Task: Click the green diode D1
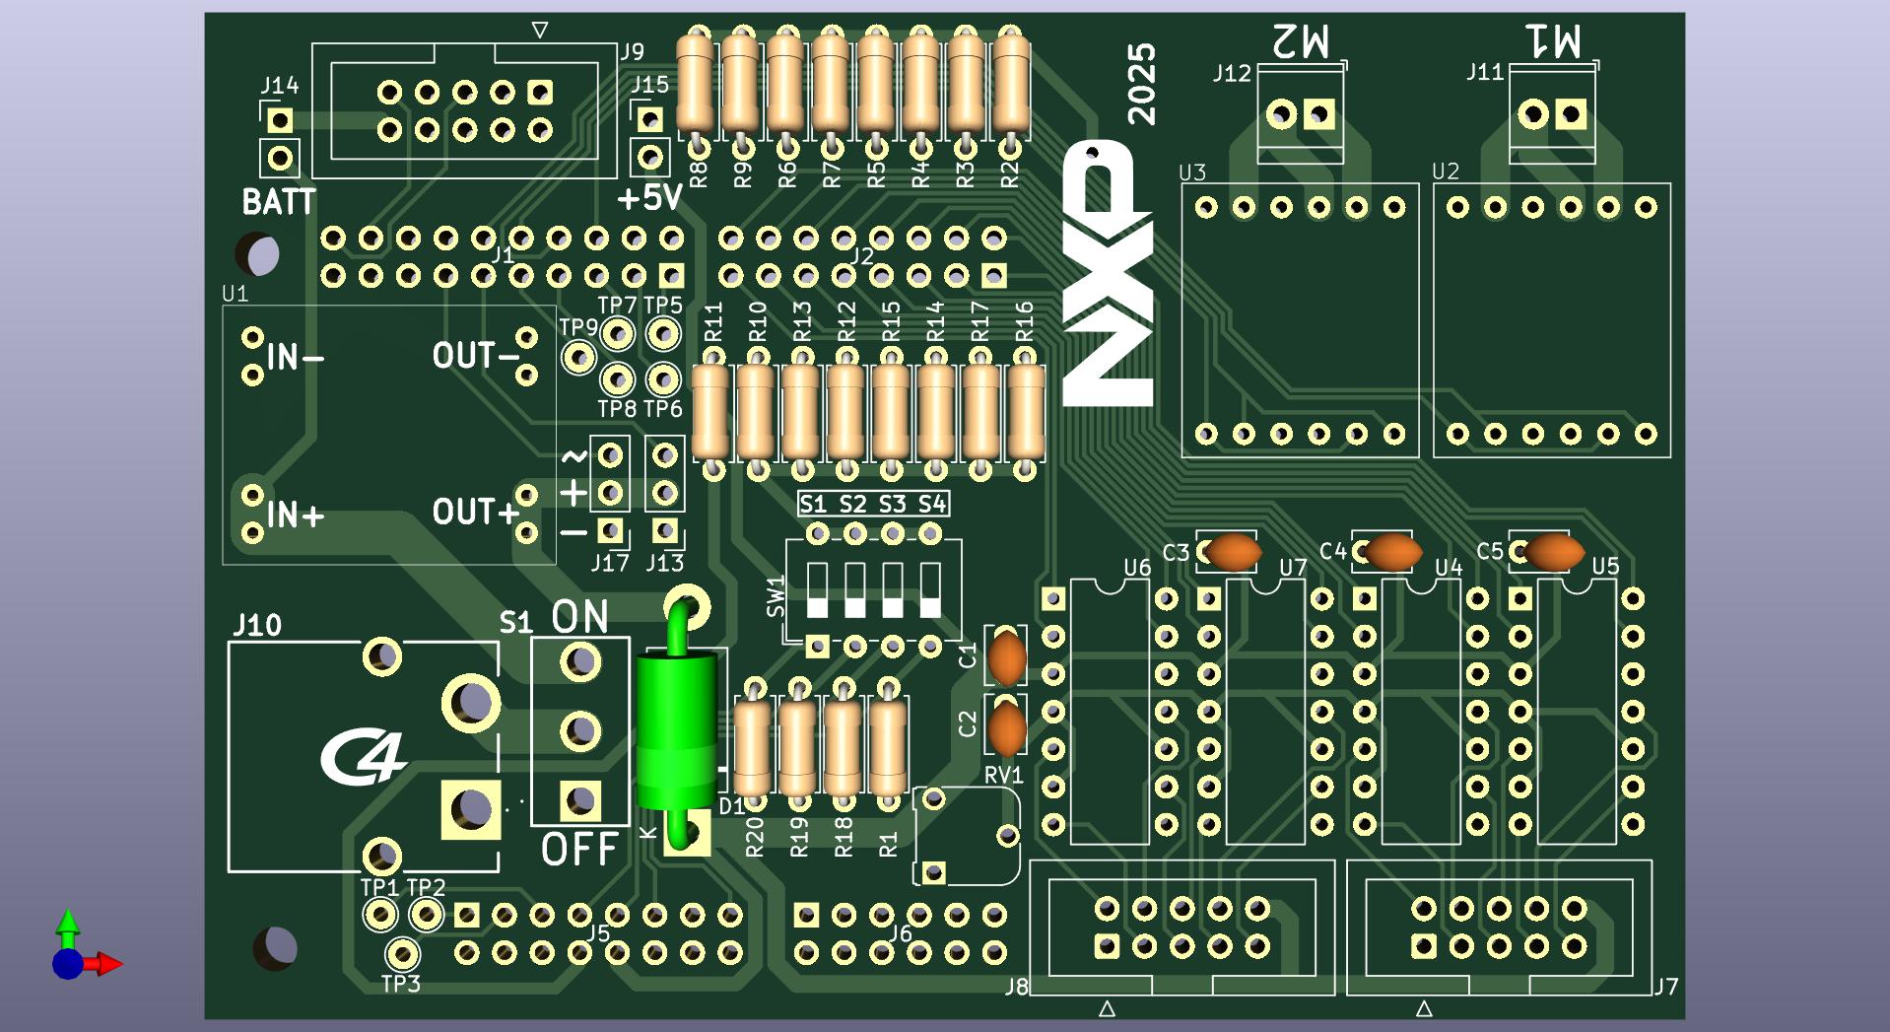676,729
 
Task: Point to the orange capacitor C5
1553,552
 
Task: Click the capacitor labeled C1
1006,656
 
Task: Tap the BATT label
279,202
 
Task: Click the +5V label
649,198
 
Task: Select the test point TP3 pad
401,954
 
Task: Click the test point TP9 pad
578,357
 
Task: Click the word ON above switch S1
579,617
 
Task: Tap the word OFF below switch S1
579,849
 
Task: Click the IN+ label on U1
295,515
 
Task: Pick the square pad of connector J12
1319,115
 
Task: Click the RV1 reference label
1003,776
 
